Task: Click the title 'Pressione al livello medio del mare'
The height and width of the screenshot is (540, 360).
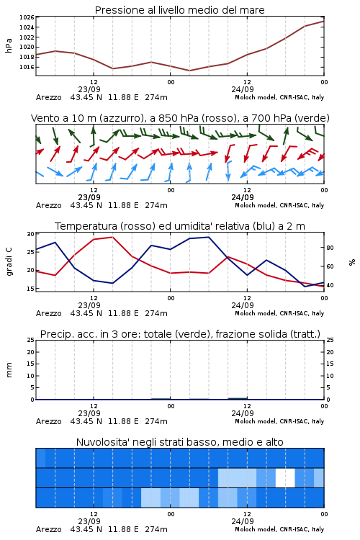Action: click(x=179, y=10)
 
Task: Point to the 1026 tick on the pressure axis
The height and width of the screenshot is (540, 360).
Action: click(x=27, y=17)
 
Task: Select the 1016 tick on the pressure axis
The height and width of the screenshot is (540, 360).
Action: click(x=27, y=67)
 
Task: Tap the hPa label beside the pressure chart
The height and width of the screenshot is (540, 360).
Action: click(x=9, y=45)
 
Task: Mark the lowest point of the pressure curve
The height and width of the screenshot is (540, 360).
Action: click(x=189, y=71)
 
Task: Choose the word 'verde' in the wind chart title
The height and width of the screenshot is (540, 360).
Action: click(x=311, y=118)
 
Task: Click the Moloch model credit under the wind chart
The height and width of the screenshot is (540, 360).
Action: click(x=279, y=205)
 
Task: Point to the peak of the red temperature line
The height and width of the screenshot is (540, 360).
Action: click(x=112, y=237)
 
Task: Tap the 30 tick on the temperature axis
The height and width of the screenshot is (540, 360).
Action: click(x=31, y=234)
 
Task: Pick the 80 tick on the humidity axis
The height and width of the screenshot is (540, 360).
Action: click(x=330, y=248)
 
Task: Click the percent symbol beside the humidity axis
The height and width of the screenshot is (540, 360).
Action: click(x=352, y=262)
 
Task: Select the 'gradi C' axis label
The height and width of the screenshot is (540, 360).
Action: click(x=9, y=262)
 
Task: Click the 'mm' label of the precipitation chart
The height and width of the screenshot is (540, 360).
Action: click(x=9, y=370)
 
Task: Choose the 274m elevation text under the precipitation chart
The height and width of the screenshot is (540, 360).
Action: click(x=156, y=421)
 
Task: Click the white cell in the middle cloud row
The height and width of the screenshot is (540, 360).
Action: click(x=285, y=477)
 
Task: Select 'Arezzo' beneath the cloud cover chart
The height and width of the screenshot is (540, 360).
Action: click(x=48, y=529)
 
